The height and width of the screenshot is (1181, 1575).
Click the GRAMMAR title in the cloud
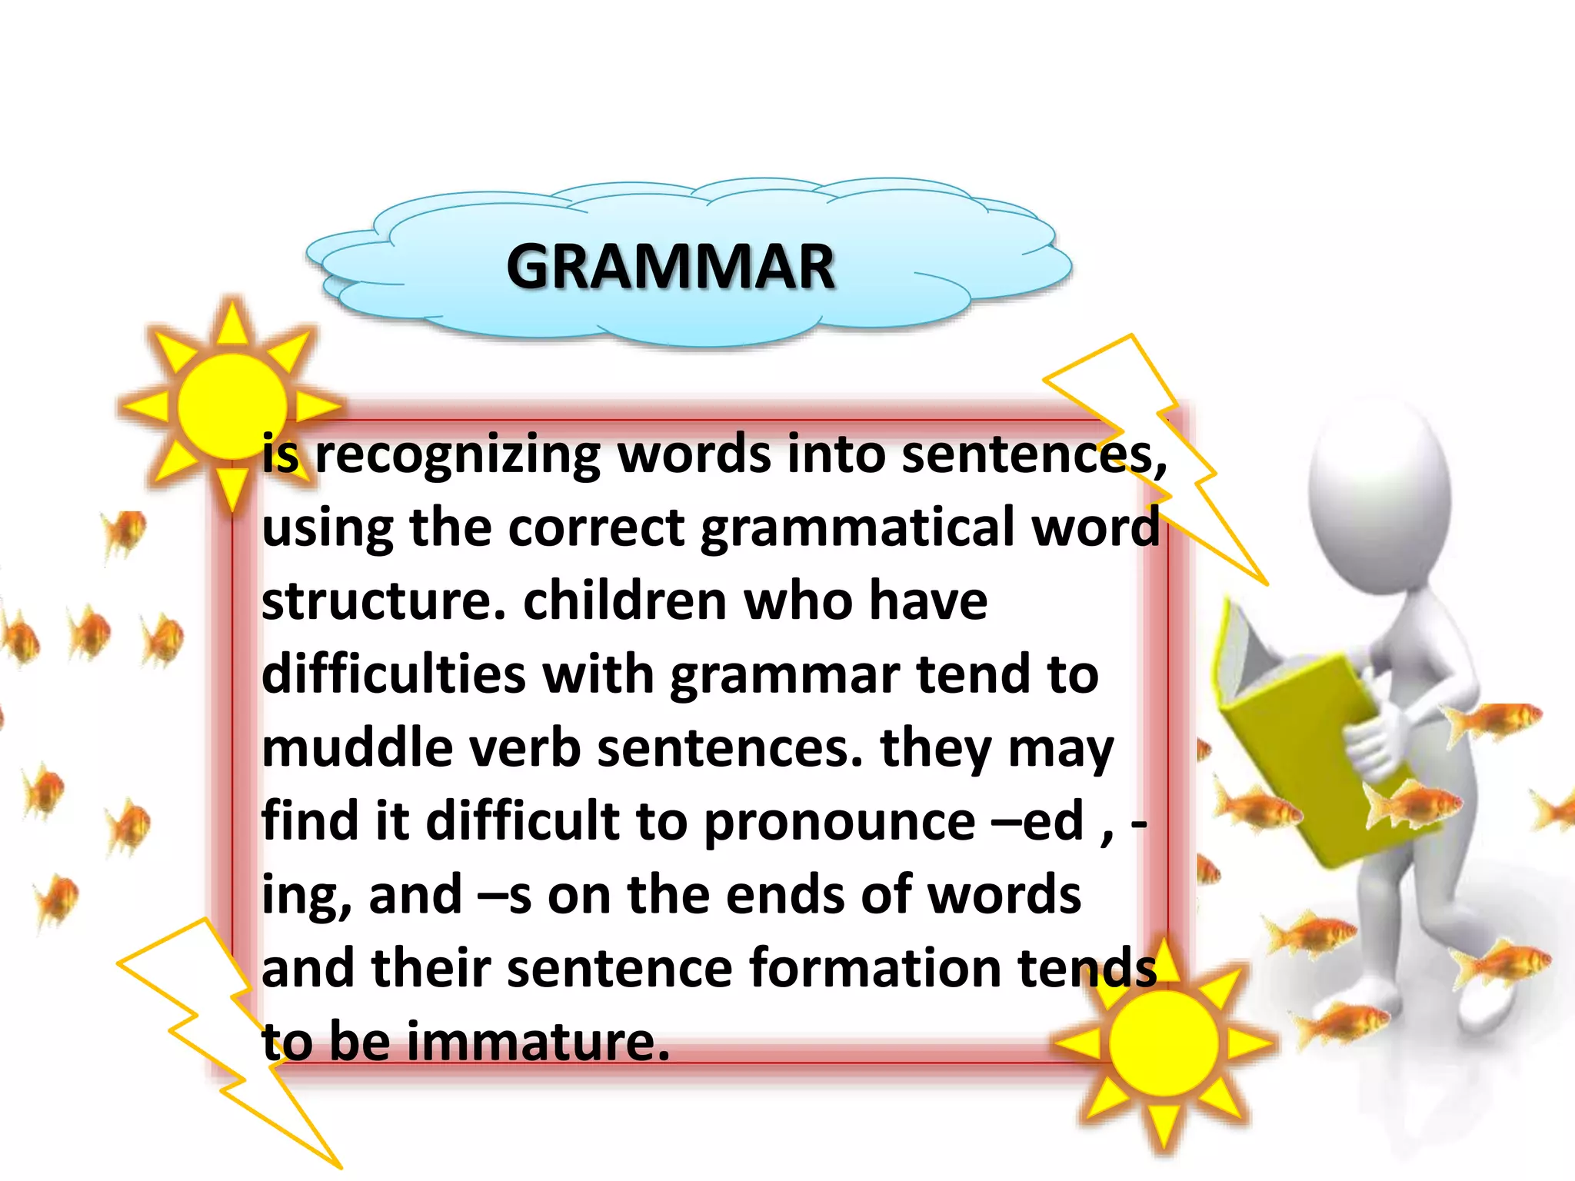click(671, 267)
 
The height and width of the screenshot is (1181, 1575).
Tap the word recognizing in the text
click(458, 455)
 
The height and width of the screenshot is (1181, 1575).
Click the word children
click(624, 601)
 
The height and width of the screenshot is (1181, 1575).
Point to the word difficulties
click(393, 675)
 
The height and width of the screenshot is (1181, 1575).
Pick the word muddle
click(358, 748)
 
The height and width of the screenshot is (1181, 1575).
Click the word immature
click(538, 1041)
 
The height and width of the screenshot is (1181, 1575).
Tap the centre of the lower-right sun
click(1164, 1043)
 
